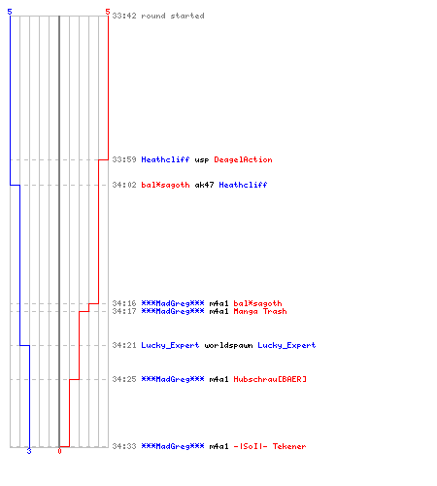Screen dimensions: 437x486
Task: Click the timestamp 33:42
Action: tap(124, 16)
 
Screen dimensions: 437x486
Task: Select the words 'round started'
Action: tap(173, 16)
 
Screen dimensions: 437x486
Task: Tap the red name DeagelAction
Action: tap(243, 159)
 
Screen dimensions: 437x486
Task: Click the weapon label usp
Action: tap(202, 160)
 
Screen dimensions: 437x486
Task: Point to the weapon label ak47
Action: tap(204, 185)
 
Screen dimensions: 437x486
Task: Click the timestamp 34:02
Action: tap(124, 185)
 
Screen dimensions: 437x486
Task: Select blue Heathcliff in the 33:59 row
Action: tap(165, 159)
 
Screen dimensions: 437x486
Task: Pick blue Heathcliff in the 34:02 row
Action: tap(243, 185)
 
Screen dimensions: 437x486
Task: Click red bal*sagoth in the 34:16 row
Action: tap(257, 303)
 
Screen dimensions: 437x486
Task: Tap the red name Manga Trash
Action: tap(260, 311)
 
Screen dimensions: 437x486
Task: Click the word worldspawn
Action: tap(228, 345)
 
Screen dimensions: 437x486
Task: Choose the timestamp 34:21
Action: tap(124, 345)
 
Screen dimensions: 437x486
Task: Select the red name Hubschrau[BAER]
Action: tap(270, 379)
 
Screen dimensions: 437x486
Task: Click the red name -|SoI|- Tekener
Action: tap(270, 446)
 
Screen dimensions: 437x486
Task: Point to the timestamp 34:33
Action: tap(124, 446)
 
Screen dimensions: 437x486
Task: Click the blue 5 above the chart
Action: tap(10, 12)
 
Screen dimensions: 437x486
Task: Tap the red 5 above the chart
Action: tap(108, 12)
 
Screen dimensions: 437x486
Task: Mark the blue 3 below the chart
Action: tap(29, 451)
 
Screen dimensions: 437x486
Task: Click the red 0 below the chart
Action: tap(59, 451)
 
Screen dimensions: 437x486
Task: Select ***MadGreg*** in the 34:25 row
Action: tap(173, 379)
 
